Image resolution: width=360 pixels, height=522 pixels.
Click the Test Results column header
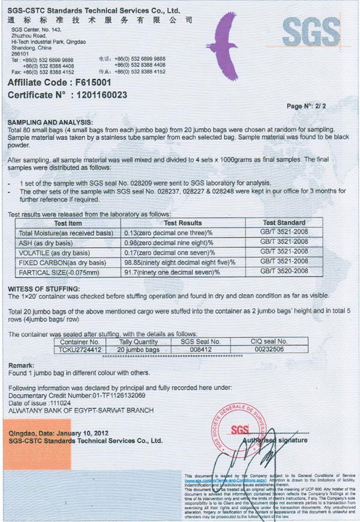pyautogui.click(x=182, y=223)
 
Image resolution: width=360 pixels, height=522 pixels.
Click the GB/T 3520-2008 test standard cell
pyautogui.click(x=284, y=272)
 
